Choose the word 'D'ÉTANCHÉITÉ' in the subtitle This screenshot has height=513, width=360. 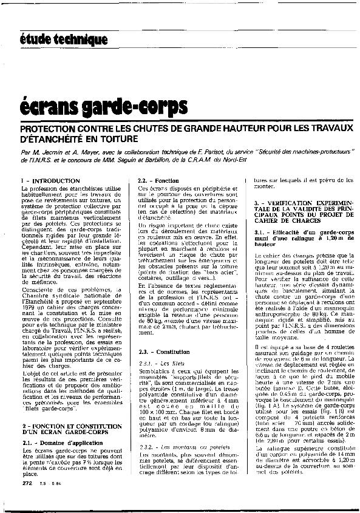(50, 139)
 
